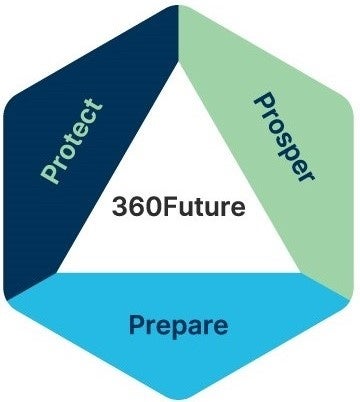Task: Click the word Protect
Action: pos(72,140)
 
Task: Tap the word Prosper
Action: pos(284,137)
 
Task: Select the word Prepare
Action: pos(178,325)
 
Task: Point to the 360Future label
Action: pos(179,209)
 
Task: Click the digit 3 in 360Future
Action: pos(120,210)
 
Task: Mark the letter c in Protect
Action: pos(86,119)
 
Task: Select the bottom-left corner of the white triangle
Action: pos(57,271)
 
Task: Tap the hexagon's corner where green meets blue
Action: pos(352,297)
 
